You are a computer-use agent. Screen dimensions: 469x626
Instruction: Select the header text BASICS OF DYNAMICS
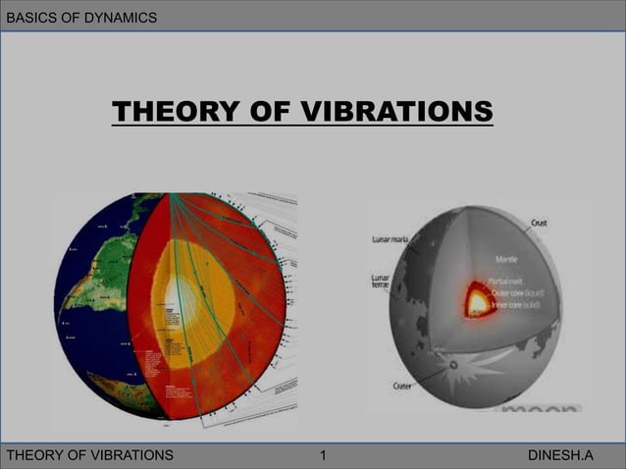(x=80, y=17)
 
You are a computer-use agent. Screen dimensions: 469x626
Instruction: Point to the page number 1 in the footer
(x=324, y=455)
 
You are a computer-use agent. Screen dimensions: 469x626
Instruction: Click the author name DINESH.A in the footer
(x=560, y=455)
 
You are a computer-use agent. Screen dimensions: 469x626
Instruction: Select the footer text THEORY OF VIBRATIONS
(x=90, y=455)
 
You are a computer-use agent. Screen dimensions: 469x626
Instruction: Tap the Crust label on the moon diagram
(x=539, y=224)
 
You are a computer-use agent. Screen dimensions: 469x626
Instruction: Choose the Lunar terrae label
(x=382, y=284)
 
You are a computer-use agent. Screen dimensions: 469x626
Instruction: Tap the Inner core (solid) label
(x=521, y=301)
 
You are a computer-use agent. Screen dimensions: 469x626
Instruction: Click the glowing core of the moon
(x=479, y=299)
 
